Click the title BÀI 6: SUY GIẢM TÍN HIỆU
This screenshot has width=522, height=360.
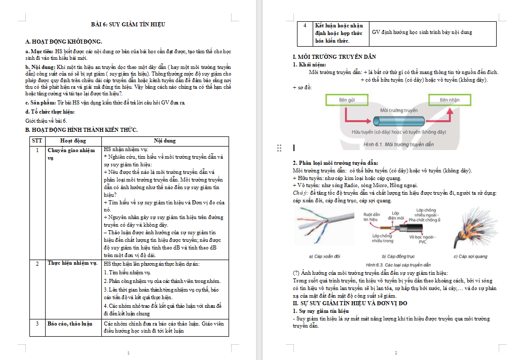coord(128,24)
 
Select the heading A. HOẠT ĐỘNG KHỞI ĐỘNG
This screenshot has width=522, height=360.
coord(63,41)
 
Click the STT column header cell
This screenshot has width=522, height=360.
coord(36,140)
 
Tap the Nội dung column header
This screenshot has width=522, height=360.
coord(165,140)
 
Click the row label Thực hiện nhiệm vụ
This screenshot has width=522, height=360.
coord(72,264)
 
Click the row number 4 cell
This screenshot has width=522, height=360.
coord(305,25)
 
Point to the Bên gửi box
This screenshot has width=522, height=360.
coord(347,100)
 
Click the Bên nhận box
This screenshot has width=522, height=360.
coord(449,100)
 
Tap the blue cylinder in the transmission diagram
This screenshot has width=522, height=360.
coord(398,121)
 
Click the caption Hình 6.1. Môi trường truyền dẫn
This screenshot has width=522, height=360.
coord(399,145)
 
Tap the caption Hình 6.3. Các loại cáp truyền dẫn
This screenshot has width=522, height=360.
coord(398,265)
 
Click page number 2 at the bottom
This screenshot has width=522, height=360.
coord(396,353)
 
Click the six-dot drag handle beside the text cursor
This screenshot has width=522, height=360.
coord(279,148)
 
